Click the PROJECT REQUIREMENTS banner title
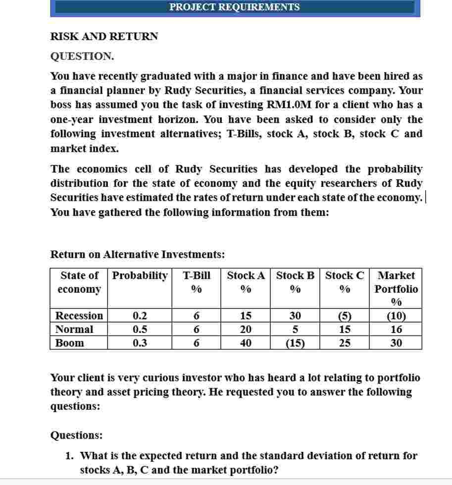234,7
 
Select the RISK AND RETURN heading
104,36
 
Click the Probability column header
140,275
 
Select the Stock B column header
295,275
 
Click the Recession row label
79,316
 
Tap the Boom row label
69,343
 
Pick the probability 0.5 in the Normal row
140,329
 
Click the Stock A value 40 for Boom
245,343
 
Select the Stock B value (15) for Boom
295,343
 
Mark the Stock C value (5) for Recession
345,316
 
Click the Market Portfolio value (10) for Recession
396,316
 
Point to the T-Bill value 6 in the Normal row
196,329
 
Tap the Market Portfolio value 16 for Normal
396,329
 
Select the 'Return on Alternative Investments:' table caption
138,255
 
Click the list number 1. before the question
70,456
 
